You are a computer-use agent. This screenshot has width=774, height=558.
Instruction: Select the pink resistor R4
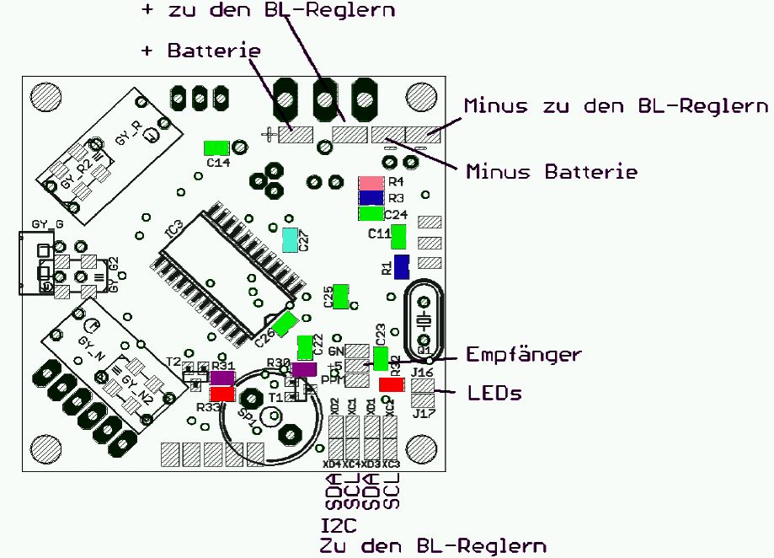tap(371, 182)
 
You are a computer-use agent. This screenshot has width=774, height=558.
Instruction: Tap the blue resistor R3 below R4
tap(371, 197)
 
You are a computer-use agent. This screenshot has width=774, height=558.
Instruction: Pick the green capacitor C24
tap(371, 213)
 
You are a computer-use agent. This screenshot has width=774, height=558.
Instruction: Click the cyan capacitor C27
tap(290, 240)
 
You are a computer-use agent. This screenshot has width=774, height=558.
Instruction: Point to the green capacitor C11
tap(398, 236)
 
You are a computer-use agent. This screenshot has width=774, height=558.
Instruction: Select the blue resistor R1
tap(402, 267)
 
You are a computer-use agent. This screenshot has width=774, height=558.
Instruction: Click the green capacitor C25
tap(341, 296)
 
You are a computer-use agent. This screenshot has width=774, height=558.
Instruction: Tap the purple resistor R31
tap(222, 378)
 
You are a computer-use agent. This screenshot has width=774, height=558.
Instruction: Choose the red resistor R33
tap(222, 394)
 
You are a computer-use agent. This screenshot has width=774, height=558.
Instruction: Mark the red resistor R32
tap(391, 384)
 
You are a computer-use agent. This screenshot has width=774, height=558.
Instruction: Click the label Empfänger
tap(523, 355)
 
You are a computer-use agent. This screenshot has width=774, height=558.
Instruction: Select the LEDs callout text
tap(493, 394)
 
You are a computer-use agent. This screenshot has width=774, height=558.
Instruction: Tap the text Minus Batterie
tap(551, 172)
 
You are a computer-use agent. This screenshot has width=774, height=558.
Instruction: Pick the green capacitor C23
tap(381, 359)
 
